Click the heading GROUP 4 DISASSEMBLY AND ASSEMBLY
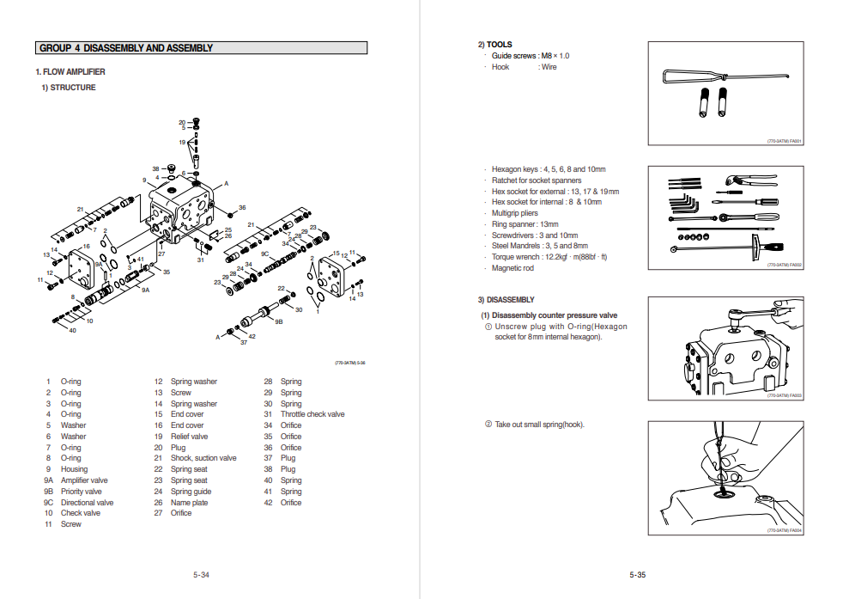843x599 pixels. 126,48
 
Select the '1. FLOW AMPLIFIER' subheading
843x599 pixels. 70,72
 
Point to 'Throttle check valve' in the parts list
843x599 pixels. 312,414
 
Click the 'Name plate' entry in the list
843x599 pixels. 189,503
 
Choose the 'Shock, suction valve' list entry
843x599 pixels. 203,458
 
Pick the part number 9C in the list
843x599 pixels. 49,503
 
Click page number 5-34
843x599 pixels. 201,575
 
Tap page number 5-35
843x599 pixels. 637,575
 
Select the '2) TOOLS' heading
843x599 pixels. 495,45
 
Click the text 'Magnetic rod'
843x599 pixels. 512,268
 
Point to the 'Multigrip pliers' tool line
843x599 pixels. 515,213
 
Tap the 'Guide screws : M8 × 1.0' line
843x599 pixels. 530,56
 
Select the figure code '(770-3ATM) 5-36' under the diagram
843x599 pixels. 349,363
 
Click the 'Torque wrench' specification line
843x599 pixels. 549,257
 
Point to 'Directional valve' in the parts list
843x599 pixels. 87,503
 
